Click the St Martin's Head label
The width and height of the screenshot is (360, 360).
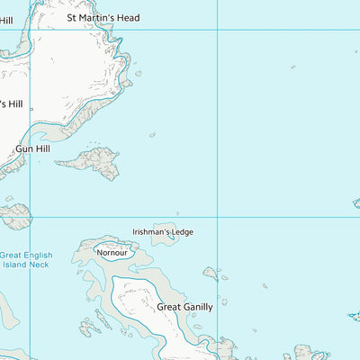(x=104, y=17)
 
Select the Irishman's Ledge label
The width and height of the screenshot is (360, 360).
(x=163, y=232)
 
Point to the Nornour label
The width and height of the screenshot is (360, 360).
(x=113, y=253)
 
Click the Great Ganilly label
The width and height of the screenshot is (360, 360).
(x=185, y=307)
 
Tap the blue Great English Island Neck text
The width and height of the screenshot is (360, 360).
(x=25, y=261)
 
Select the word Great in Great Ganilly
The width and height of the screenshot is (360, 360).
(x=170, y=307)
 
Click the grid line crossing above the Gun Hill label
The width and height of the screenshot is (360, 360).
(x=31, y=30)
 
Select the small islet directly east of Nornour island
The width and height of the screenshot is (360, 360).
(x=211, y=273)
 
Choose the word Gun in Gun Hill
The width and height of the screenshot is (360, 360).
(x=22, y=148)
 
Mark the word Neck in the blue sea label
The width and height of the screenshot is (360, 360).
(x=41, y=265)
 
